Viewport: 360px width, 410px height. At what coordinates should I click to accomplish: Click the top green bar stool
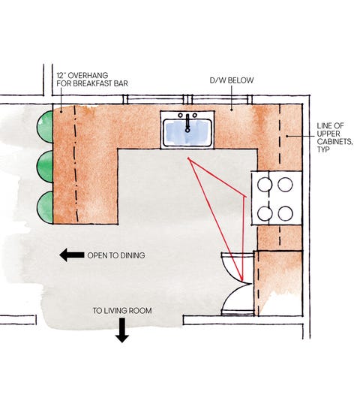coord(46,127)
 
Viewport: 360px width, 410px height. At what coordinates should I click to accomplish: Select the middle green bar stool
coord(46,167)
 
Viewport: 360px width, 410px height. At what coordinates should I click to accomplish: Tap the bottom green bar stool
coord(46,207)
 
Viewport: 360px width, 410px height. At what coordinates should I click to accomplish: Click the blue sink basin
coord(187,133)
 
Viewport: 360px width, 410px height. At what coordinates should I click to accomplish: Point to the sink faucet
coord(187,123)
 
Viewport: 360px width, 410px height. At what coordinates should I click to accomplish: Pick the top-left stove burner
coord(265,184)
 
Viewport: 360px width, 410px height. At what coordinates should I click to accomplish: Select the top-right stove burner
coord(285,184)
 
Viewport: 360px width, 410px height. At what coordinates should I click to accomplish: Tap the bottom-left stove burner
coord(265,213)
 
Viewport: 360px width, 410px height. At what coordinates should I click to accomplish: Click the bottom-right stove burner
coord(285,213)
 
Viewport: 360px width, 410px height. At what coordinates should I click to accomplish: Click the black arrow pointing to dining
coord(72,255)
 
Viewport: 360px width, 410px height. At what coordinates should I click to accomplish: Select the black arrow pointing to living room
coord(122,330)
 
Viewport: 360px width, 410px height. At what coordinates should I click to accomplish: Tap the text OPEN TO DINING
coord(116,255)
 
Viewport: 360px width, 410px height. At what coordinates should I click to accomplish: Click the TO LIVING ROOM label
coord(122,311)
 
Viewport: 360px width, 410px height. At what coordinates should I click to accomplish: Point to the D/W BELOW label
coord(232,80)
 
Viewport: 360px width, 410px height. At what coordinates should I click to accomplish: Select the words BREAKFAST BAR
coord(100,83)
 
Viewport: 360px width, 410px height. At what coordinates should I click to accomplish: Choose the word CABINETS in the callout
coord(334,142)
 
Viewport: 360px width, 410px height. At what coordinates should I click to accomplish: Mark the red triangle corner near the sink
coord(188,158)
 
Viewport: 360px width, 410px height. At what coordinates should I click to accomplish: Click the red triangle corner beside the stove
coord(244,196)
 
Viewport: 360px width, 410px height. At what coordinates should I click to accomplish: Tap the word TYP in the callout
coord(323,149)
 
